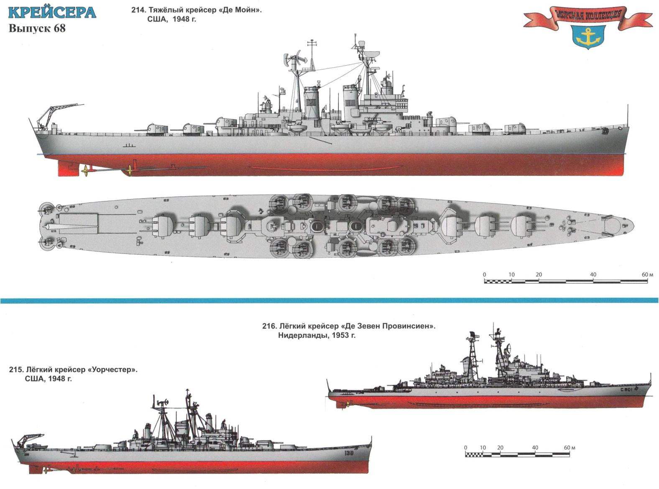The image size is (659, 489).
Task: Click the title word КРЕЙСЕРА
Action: (52, 13)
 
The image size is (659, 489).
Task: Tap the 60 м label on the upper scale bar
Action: (647, 274)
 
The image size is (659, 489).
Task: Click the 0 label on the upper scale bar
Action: (485, 274)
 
